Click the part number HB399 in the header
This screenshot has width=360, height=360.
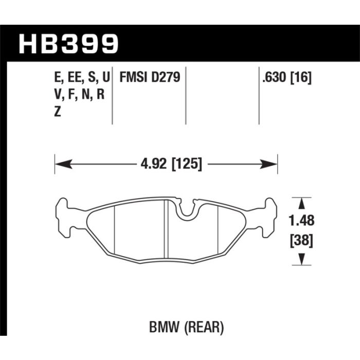point(68,44)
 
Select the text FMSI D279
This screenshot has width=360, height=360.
point(150,77)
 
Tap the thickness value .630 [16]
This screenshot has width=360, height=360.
point(287,78)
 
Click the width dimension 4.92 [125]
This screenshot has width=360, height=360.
point(171,164)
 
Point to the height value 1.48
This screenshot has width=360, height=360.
point(301,221)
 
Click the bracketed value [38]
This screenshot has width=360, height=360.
point(301,241)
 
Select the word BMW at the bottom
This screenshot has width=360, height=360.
point(164,327)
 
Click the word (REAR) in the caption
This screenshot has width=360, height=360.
point(204,327)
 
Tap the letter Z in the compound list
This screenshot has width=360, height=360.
point(58,112)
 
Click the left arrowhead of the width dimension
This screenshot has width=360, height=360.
point(64,164)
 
